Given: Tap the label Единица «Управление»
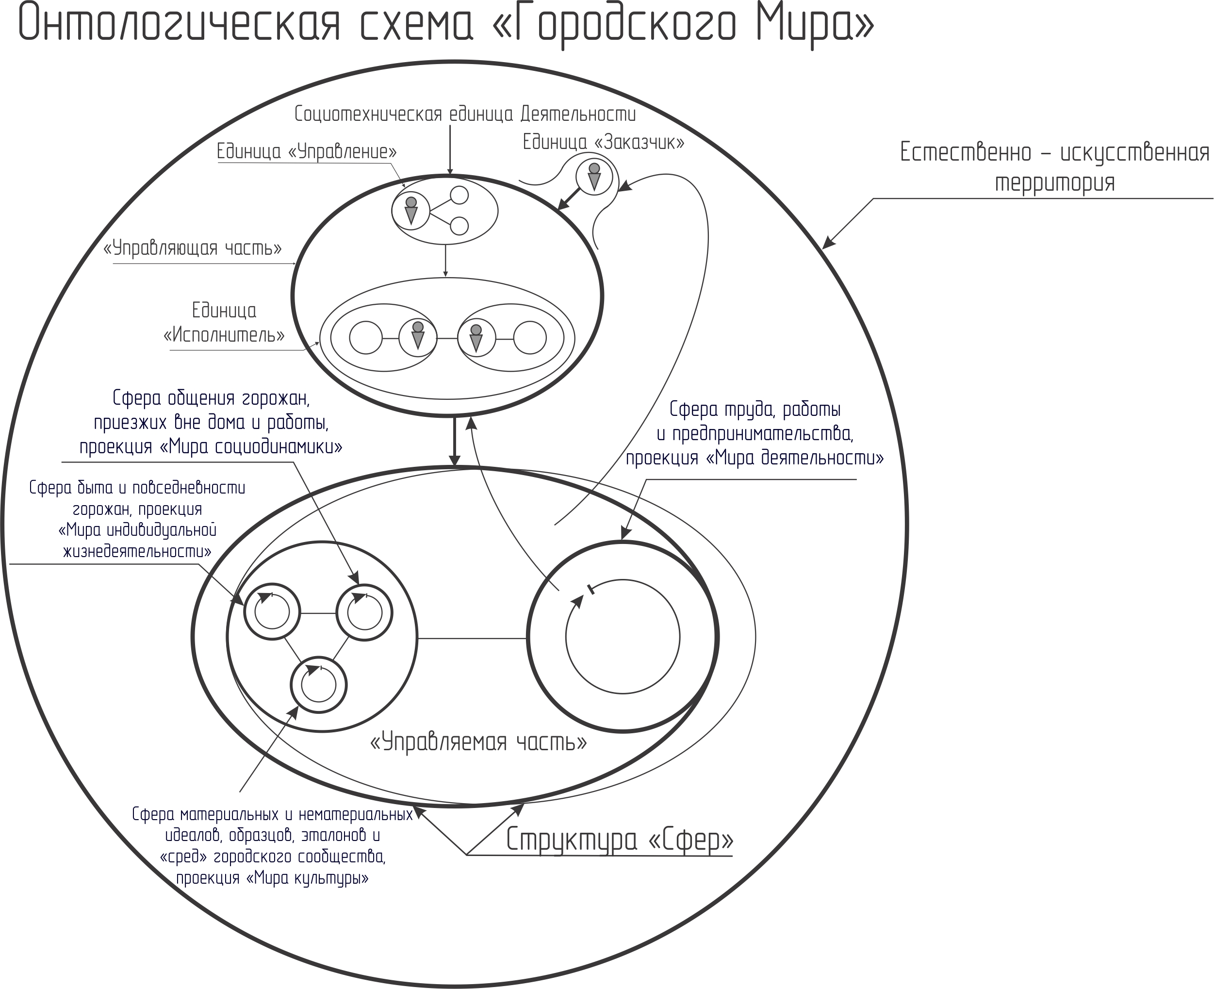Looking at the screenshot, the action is [307, 151].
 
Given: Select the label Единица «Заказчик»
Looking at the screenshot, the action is [603, 142].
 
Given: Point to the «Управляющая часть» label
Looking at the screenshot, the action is [193, 248].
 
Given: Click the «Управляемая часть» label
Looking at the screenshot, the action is [478, 742].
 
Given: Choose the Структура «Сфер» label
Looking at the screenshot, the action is [620, 840].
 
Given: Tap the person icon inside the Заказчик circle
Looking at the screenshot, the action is [594, 177].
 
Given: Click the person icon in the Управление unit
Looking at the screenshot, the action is [411, 210].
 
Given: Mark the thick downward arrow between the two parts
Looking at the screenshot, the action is [454, 442].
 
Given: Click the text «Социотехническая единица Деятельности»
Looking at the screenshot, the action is [465, 114].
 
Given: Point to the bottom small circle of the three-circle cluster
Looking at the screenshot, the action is [318, 685].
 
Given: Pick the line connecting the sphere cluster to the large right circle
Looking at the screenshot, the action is [472, 638].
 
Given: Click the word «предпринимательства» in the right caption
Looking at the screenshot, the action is [763, 434].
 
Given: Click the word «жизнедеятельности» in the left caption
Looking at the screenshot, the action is [137, 551].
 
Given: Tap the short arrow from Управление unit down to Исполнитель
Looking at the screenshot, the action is [445, 261].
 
